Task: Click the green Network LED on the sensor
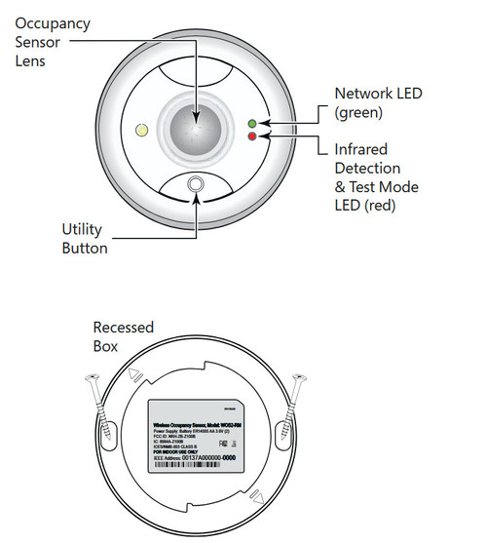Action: (x=252, y=124)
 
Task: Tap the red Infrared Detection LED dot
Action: (x=252, y=137)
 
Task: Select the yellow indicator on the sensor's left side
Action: (x=141, y=130)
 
